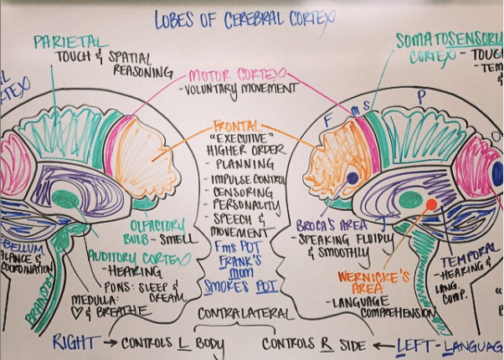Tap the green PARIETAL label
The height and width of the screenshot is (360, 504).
[70, 41]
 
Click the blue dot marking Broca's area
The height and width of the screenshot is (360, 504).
[352, 177]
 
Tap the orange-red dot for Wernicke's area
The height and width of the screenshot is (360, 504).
[431, 204]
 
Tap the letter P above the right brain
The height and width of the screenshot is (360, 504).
[421, 95]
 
